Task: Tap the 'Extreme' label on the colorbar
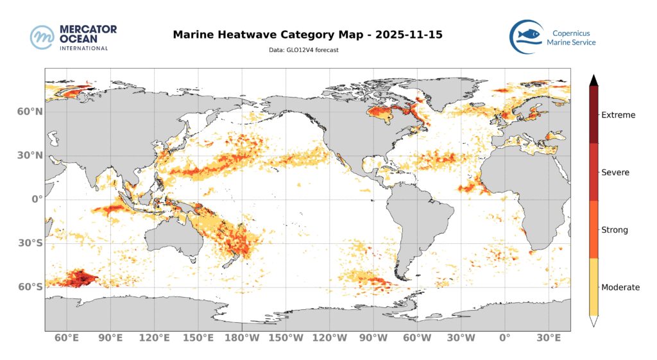[618, 116]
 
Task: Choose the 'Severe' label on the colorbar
[615, 173]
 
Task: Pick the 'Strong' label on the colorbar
[615, 230]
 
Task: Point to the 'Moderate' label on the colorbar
[620, 287]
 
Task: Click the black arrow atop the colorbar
[594, 80]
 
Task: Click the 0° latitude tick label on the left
[37, 199]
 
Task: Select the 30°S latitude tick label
[30, 243]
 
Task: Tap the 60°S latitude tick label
[30, 287]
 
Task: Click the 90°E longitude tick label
[111, 338]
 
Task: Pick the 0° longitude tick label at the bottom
[504, 338]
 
